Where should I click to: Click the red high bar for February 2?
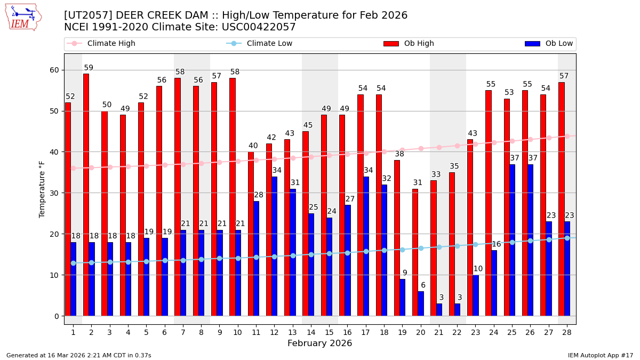[86, 195]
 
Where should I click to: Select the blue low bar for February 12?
[274, 246]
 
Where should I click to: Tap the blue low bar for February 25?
[512, 240]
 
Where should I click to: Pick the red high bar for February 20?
[415, 252]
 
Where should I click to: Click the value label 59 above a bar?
[89, 68]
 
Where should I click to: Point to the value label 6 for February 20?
[423, 285]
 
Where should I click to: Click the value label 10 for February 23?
[478, 269]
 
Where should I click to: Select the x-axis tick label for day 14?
[311, 332]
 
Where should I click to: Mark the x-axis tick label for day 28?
[566, 332]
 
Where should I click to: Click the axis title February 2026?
[319, 343]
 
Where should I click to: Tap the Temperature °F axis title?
[42, 189]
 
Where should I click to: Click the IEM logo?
[23, 17]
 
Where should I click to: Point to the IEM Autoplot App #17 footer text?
[600, 355]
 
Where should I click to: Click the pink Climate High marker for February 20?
[421, 148]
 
